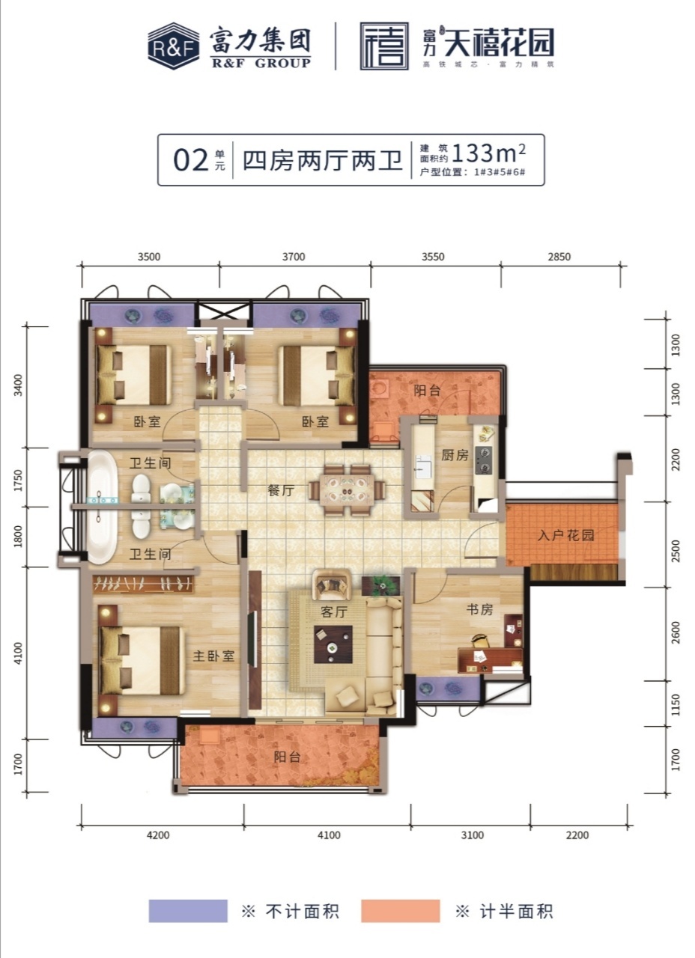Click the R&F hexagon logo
(x=173, y=46)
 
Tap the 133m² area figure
(x=488, y=153)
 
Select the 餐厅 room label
(x=280, y=490)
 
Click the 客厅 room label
(x=333, y=612)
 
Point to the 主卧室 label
(x=213, y=656)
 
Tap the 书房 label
(x=479, y=609)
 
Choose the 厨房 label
(x=455, y=455)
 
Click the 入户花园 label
(x=565, y=534)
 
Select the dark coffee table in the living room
(x=333, y=644)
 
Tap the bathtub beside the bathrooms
(x=103, y=507)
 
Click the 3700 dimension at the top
(x=294, y=257)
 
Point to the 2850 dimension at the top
(x=559, y=257)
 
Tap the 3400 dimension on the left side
(x=18, y=385)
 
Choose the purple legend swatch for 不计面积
(x=188, y=911)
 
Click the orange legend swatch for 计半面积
(x=400, y=911)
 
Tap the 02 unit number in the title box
(x=190, y=160)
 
